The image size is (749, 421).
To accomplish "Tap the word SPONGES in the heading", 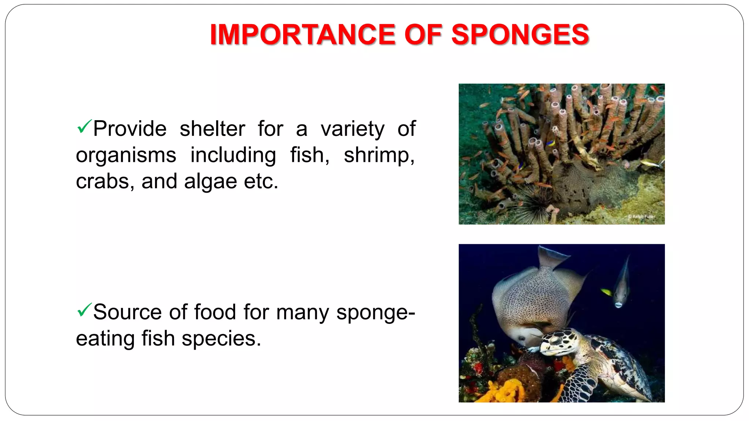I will tap(520, 35).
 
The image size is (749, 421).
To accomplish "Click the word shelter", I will tap(212, 129).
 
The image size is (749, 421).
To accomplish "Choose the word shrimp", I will tap(379, 155).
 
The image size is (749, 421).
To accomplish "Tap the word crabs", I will tap(103, 181).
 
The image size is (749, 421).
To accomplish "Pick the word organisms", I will tap(126, 155).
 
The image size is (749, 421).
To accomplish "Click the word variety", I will tap(353, 129).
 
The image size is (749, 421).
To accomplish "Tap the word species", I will tap(221, 338).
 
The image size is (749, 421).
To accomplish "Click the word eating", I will tap(105, 338).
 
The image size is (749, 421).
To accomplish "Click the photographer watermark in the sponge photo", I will tap(642, 217).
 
